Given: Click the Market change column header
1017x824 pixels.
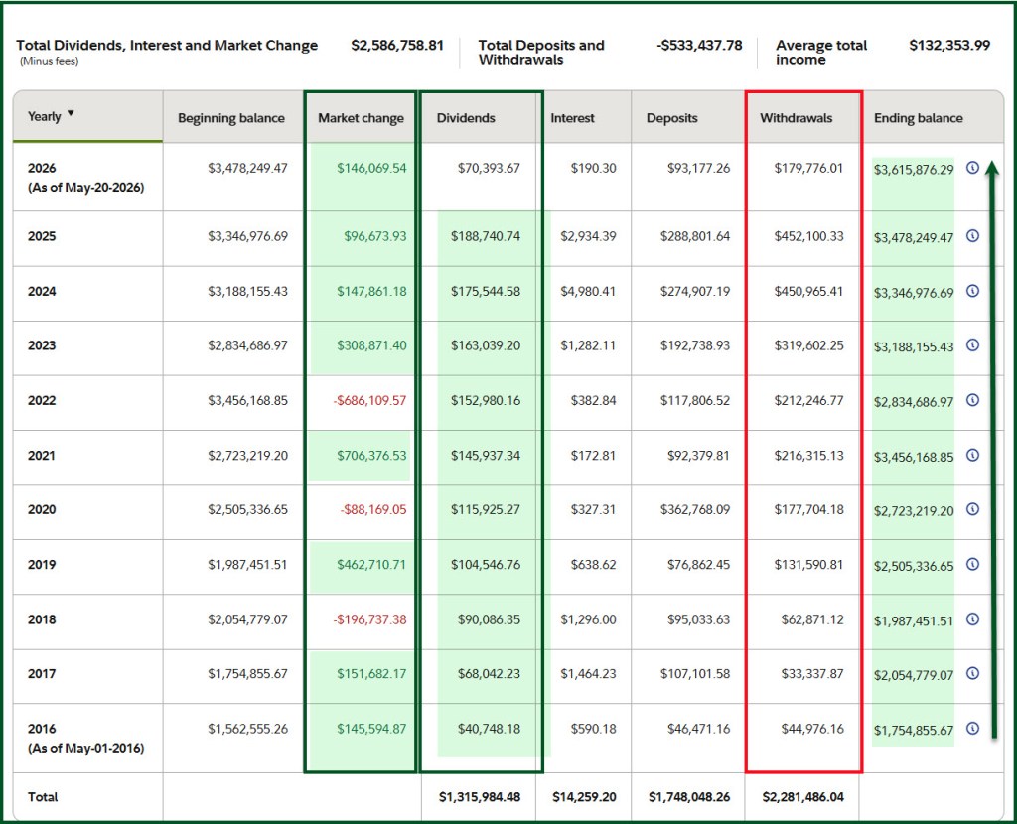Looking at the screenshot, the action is (x=361, y=118).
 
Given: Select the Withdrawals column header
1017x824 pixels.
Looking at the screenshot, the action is (x=796, y=118).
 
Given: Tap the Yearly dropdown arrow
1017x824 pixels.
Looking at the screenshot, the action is (x=71, y=113).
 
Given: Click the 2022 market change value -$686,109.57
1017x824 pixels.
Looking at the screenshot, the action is (x=369, y=401).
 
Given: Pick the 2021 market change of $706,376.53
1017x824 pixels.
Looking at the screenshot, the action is (x=371, y=456).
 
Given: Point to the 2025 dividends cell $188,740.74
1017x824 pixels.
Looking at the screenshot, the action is (x=486, y=236).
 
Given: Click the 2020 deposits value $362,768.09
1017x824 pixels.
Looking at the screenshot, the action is (x=695, y=510).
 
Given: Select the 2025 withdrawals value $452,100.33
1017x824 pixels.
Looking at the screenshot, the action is (x=808, y=236).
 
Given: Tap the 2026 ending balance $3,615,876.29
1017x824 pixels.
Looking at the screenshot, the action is (x=914, y=170).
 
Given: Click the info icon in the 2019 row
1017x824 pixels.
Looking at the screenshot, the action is (x=973, y=564).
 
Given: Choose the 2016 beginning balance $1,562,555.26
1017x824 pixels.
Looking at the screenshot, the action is (x=247, y=729).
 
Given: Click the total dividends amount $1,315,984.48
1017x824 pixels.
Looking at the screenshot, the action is (x=480, y=797).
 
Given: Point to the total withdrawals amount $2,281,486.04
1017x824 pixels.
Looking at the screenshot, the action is (x=802, y=797).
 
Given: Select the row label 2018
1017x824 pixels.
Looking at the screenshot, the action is (x=42, y=619).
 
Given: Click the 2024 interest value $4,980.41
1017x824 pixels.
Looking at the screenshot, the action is (x=588, y=292).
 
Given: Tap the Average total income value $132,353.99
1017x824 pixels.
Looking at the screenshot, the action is (x=949, y=46).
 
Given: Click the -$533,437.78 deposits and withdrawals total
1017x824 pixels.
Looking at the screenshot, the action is (x=699, y=46).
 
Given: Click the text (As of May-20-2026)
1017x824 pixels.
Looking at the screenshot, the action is (x=85, y=188).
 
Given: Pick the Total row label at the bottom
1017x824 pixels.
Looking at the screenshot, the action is (x=43, y=797).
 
